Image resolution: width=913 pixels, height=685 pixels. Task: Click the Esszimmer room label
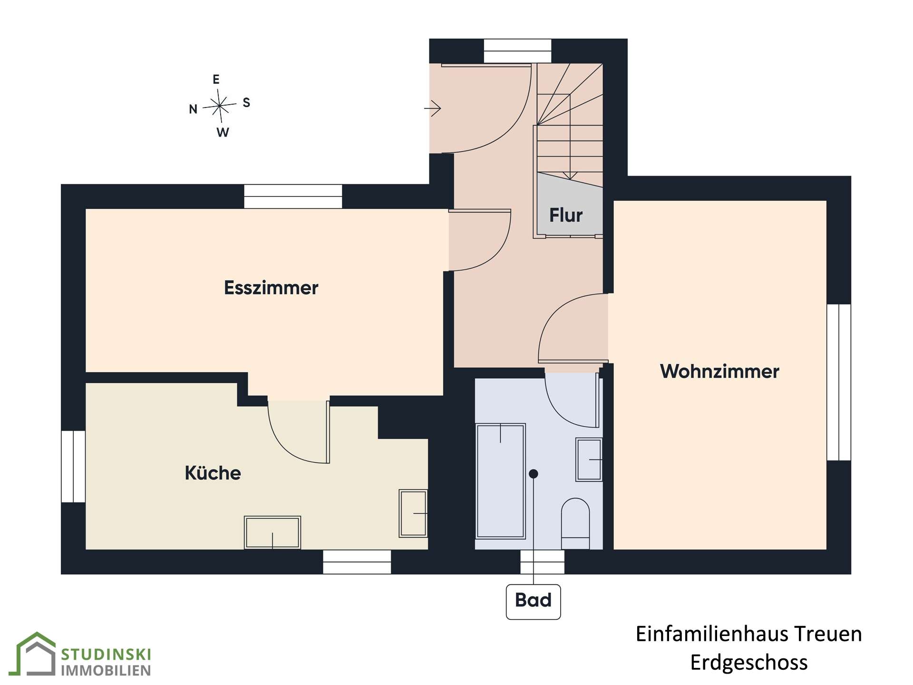(271, 288)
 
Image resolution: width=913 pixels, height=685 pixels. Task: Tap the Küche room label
(213, 473)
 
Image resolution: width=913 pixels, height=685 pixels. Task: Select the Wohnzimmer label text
(719, 372)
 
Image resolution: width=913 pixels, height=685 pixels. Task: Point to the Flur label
(566, 215)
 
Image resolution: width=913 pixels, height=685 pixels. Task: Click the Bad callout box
(533, 602)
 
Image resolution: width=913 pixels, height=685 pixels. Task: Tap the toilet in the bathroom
(575, 524)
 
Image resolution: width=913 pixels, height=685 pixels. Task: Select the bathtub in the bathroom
(501, 481)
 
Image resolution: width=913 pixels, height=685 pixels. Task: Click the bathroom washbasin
(589, 460)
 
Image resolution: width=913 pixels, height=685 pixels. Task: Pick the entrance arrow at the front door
(432, 108)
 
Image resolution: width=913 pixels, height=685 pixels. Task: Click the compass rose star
(220, 106)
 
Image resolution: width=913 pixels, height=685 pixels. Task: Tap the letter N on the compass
(193, 109)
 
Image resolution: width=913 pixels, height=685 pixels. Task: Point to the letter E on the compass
(216, 79)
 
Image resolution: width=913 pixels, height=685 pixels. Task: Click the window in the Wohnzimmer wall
(839, 382)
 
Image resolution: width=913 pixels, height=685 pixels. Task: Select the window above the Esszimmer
(293, 196)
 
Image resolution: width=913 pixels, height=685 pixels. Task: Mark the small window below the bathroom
(543, 562)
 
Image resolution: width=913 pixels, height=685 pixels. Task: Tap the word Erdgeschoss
(749, 663)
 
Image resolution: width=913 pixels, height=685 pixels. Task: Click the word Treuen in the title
(828, 634)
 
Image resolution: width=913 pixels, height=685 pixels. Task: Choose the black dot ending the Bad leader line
(534, 474)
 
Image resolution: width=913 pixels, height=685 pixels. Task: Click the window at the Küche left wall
(73, 467)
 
